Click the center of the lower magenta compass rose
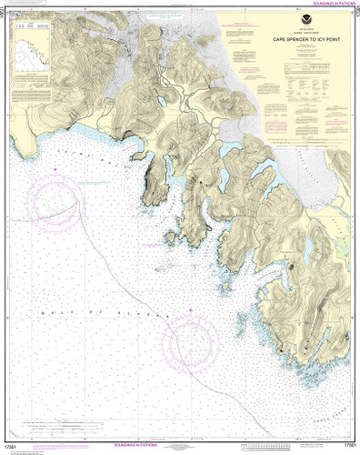(x=191, y=349)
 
